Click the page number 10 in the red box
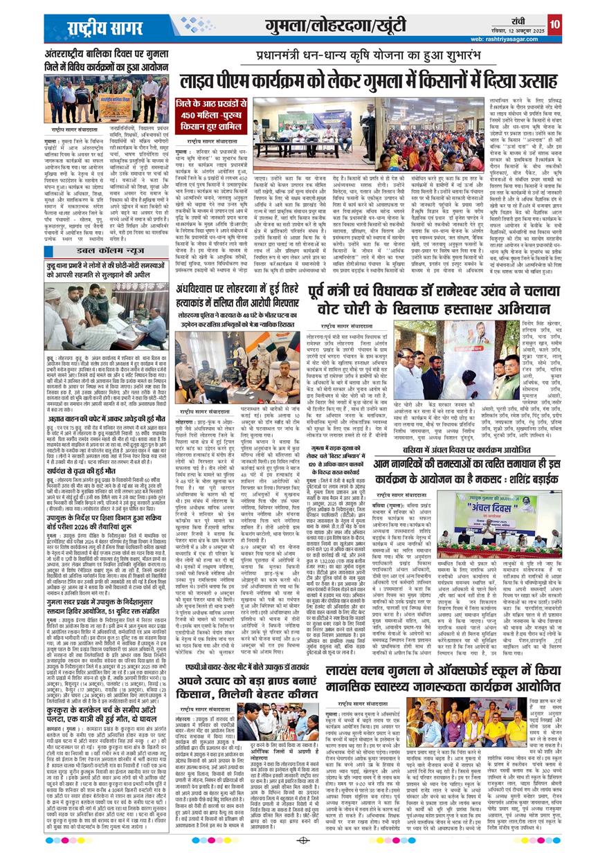click(554, 25)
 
